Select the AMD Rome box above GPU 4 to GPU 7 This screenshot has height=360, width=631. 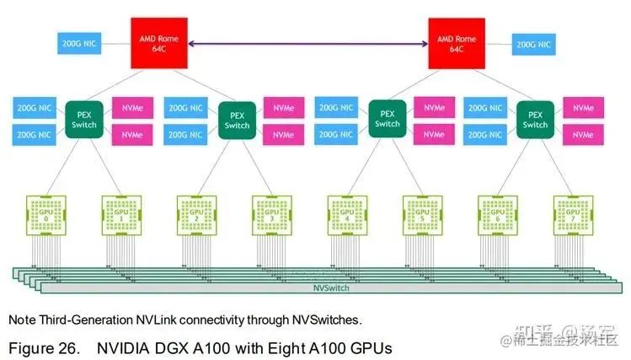coord(457,42)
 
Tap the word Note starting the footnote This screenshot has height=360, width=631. coord(20,320)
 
